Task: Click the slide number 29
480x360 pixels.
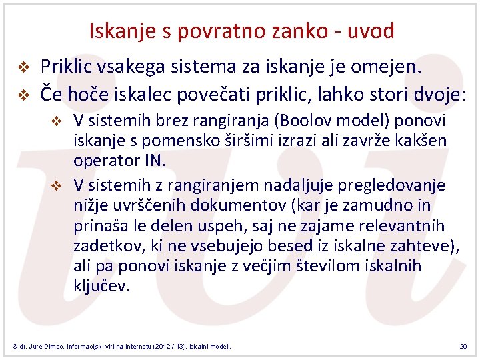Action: pos(463,347)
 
